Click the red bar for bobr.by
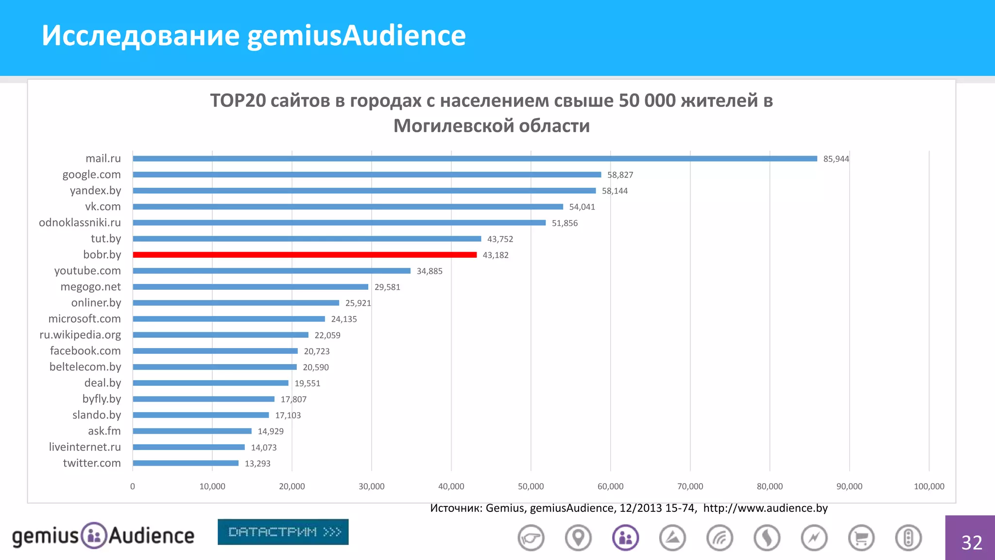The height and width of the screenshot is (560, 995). [x=305, y=255]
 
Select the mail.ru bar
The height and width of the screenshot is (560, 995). [x=475, y=158]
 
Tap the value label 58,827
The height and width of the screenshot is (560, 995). [x=620, y=175]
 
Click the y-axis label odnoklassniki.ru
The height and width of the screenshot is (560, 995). [x=80, y=223]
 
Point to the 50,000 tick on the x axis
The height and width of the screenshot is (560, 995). [x=531, y=486]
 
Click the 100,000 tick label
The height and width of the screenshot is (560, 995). [x=929, y=486]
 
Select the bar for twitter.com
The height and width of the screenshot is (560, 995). [x=186, y=463]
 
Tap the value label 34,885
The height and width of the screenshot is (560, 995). [x=429, y=271]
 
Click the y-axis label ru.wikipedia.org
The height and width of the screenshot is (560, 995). [x=80, y=335]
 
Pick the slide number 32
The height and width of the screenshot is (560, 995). [x=971, y=542]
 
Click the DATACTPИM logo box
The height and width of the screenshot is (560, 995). [x=283, y=532]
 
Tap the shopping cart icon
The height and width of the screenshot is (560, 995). [x=861, y=538]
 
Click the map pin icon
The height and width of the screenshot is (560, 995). [x=578, y=538]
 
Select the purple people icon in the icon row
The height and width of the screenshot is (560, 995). [x=625, y=538]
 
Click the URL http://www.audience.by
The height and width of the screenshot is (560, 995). [x=765, y=508]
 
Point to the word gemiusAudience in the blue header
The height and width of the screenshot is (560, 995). [x=356, y=35]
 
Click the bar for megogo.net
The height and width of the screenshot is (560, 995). [x=250, y=287]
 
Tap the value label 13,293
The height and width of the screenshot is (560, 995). [x=257, y=464]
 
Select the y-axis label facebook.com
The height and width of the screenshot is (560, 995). [x=85, y=351]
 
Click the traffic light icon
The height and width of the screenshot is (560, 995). [x=908, y=538]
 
